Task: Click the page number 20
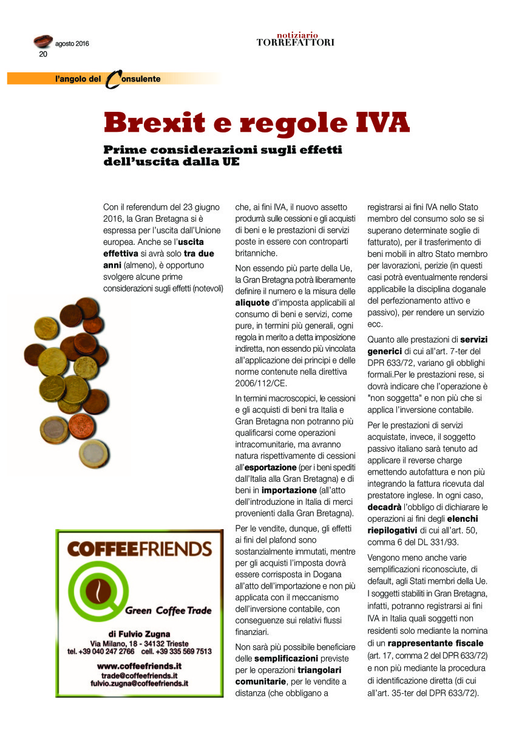click(43, 54)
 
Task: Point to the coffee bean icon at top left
click(42, 41)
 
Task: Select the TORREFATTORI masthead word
click(295, 43)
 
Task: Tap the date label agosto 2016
click(72, 44)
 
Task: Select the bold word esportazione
click(271, 467)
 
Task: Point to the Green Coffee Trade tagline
click(168, 611)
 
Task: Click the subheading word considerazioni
click(226, 149)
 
